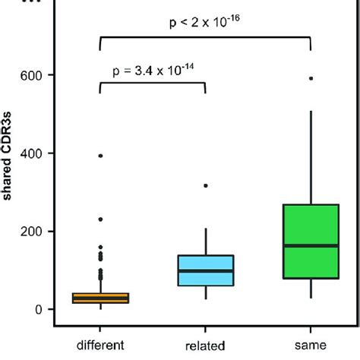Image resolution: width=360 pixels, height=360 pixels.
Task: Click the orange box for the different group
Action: pos(100,298)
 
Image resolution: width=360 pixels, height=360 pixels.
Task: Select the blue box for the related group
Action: pos(205,271)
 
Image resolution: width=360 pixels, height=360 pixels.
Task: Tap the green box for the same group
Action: pos(310,242)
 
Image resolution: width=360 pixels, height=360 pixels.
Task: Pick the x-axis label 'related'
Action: pos(205,345)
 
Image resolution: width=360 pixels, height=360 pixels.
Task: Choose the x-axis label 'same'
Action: pos(310,345)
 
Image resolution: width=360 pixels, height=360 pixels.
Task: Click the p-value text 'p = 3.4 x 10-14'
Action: pos(153,71)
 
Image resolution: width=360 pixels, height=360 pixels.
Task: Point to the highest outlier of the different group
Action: pos(100,156)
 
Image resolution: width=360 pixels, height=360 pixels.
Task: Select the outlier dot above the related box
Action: pos(205,185)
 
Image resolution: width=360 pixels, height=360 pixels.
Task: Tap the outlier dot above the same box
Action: pos(310,78)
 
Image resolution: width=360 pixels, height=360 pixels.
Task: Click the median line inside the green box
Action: pos(310,246)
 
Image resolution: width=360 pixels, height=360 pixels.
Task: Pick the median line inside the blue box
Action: pos(205,270)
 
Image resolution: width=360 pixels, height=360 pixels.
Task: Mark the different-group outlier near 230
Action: pos(100,219)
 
